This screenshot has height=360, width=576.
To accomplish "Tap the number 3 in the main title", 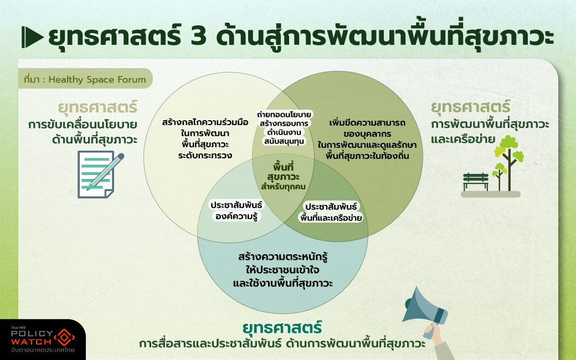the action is [x=198, y=37].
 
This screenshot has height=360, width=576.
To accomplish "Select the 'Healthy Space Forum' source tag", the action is [x=85, y=79].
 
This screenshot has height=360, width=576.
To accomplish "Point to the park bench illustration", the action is [x=476, y=182].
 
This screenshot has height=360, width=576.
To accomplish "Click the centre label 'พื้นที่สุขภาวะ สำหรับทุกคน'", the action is [x=283, y=176].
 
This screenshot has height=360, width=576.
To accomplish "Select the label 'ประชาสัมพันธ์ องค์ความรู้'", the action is [x=236, y=210].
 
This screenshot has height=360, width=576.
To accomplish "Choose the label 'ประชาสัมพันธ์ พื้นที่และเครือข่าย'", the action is [x=331, y=212].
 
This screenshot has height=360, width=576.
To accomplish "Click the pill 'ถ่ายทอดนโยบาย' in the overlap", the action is [x=284, y=114].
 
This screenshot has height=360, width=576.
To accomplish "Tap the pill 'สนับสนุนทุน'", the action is [x=284, y=141].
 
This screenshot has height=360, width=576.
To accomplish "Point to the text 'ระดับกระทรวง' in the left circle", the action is [x=205, y=155].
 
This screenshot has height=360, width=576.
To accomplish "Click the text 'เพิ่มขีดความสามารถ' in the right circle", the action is [x=367, y=123].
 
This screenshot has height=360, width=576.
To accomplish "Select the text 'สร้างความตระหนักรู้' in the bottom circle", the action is [x=282, y=256].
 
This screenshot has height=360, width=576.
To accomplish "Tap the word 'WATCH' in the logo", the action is [x=32, y=341].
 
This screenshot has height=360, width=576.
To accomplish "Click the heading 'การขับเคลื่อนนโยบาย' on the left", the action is [x=83, y=125].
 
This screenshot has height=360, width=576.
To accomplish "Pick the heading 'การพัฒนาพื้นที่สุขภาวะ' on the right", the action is [x=490, y=124].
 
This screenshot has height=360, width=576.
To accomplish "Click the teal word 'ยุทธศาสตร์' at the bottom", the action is [x=282, y=327].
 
